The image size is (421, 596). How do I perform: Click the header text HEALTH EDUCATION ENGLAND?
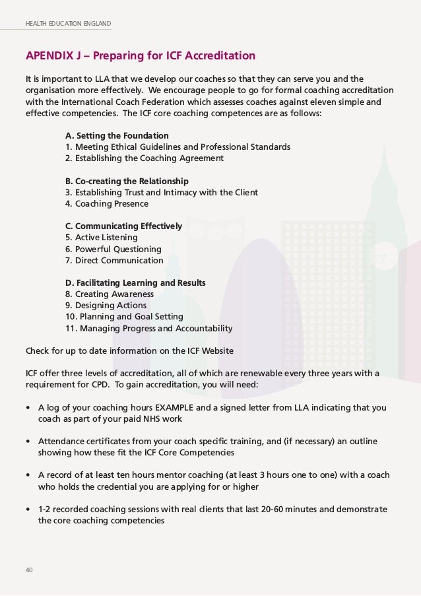(69, 24)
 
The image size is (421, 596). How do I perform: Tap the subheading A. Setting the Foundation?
(117, 135)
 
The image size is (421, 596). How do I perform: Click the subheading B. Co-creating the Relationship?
(127, 181)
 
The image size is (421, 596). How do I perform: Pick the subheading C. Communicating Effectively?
(123, 226)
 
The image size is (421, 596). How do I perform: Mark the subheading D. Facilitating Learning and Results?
(135, 283)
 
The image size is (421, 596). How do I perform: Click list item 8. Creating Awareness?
(109, 294)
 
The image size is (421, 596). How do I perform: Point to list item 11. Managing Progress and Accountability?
(148, 329)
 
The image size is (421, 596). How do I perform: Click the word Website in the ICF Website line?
(216, 350)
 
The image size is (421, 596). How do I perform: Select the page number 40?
(29, 570)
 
